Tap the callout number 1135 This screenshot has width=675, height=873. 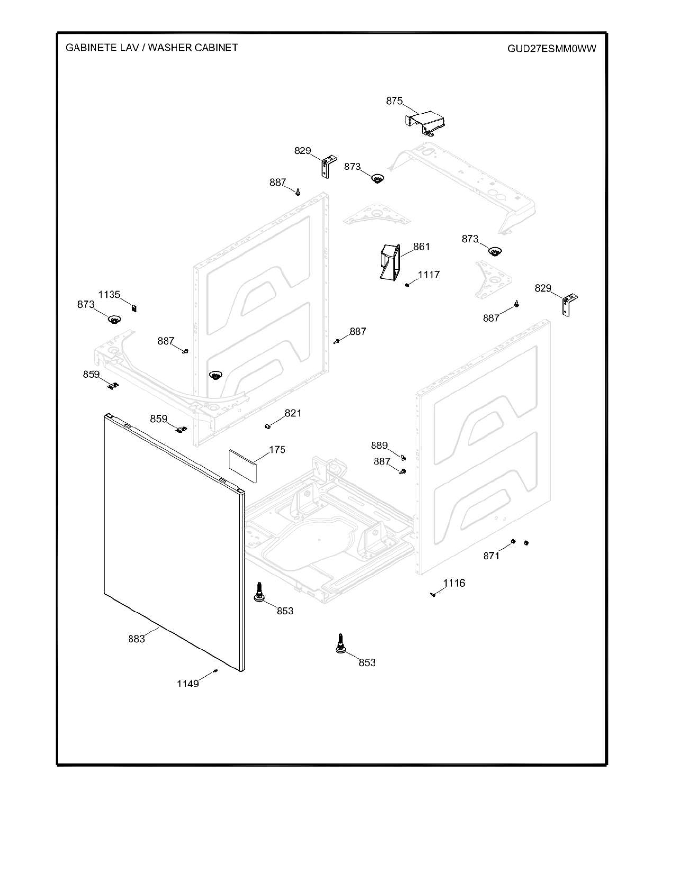pos(109,295)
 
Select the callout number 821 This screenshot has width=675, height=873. pos(293,413)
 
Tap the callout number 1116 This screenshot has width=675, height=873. pos(454,583)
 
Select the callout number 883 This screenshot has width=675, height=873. pos(136,639)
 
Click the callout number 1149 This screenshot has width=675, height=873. pos(188,684)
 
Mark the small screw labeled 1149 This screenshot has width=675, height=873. pos(215,671)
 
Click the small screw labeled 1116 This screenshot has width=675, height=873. pos(433,595)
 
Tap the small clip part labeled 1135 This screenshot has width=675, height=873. pos(134,308)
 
